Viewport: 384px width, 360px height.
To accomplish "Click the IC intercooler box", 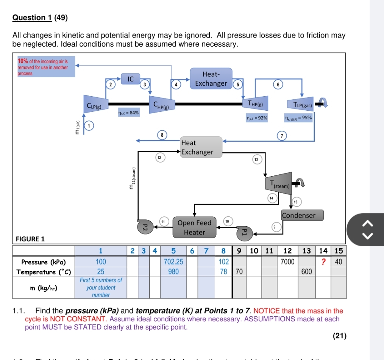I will [x=130, y=79].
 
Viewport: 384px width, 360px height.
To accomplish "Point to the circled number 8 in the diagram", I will [x=162, y=135].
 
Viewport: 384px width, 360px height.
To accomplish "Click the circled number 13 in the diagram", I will [x=256, y=160].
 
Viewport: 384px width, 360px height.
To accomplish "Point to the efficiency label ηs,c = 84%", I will [x=128, y=113].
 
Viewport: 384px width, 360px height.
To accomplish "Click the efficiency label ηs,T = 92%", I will [x=257, y=118].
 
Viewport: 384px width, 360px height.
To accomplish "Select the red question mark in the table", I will [x=323, y=262].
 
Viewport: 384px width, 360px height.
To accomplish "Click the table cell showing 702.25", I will [x=173, y=262].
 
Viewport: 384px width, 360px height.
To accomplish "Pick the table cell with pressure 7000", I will [x=287, y=262].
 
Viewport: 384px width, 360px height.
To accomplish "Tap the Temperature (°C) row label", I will [x=44, y=272].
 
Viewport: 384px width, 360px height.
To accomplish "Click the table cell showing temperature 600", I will [x=306, y=272].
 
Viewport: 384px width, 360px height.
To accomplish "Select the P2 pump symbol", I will [x=144, y=227].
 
